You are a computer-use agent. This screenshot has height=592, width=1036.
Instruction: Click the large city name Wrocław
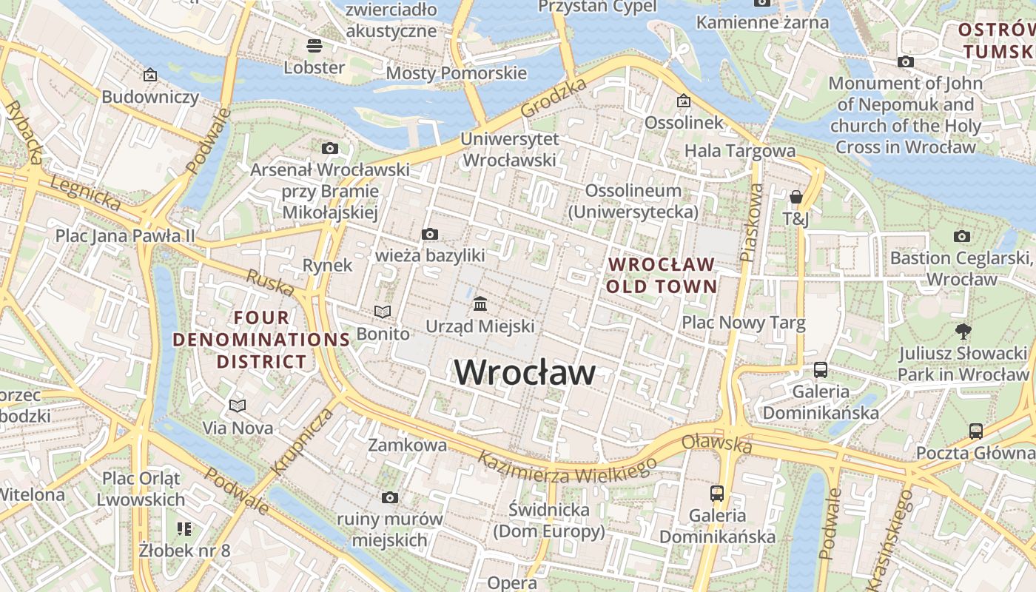524,372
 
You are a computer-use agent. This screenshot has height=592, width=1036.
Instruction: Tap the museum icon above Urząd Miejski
480,304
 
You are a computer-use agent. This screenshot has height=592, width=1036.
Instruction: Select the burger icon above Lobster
314,46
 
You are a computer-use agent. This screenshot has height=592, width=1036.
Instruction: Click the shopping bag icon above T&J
796,197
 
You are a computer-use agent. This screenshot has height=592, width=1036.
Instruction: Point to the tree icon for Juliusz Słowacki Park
963,332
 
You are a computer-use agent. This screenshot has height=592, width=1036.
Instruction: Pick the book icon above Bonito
383,312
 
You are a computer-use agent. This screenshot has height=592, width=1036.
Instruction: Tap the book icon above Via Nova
238,406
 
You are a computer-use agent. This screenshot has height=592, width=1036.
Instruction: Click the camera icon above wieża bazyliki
429,235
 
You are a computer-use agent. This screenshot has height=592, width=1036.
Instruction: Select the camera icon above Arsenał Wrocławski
330,149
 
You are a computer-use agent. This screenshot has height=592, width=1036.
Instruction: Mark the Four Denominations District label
260,340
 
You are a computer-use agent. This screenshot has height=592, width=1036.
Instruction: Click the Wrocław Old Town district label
662,275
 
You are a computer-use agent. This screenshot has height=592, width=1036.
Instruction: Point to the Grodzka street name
554,98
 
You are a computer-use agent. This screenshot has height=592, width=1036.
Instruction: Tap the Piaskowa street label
752,223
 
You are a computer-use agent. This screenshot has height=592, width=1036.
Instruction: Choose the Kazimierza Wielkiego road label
566,465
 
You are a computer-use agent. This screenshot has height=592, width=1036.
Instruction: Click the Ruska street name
270,283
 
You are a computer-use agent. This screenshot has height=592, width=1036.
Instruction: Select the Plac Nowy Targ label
743,323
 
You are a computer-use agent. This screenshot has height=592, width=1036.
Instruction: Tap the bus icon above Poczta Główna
976,431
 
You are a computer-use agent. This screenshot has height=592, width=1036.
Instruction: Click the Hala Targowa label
739,151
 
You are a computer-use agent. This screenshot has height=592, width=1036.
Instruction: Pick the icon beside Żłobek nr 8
184,528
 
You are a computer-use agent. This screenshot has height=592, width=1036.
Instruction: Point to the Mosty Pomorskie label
457,73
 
